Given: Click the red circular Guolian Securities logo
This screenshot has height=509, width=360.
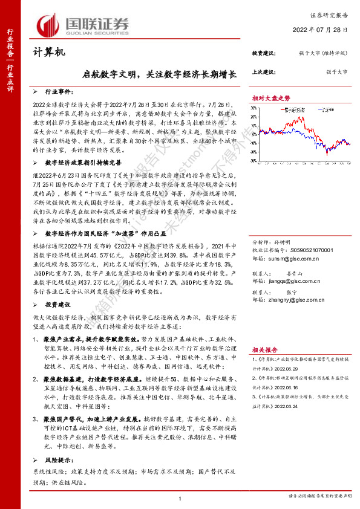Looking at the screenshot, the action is pyautogui.click(x=50, y=25).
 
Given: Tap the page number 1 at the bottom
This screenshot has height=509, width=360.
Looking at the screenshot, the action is pyautogui.click(x=181, y=498).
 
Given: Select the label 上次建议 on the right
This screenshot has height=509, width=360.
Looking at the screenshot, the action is pyautogui.click(x=264, y=71).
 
